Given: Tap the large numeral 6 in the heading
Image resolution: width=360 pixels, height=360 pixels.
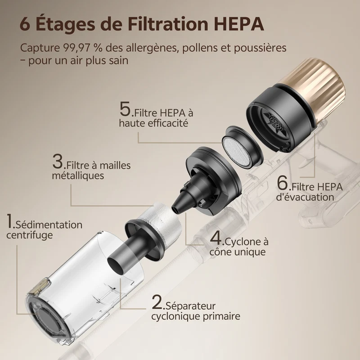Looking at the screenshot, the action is pyautogui.click(x=25, y=24).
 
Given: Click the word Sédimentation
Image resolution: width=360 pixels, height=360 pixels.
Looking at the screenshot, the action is pyautogui.click(x=49, y=225).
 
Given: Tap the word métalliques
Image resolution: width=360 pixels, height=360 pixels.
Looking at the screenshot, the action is pyautogui.click(x=78, y=175).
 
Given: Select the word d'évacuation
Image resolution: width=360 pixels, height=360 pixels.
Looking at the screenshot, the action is pyautogui.click(x=305, y=197).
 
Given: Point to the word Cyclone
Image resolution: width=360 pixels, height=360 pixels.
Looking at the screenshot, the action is pyautogui.click(x=243, y=242).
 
